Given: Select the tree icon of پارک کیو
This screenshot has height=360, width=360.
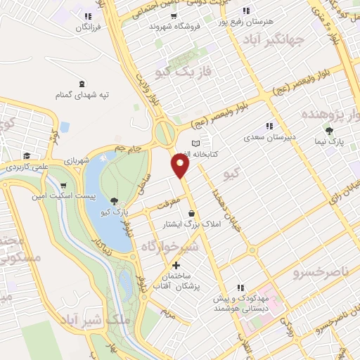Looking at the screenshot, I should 115,200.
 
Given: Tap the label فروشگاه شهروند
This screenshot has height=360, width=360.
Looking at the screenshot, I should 173,26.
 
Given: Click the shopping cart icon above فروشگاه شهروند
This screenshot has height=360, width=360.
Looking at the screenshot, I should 173,15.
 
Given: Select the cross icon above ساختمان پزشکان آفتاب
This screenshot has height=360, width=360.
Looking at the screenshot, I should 176,265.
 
